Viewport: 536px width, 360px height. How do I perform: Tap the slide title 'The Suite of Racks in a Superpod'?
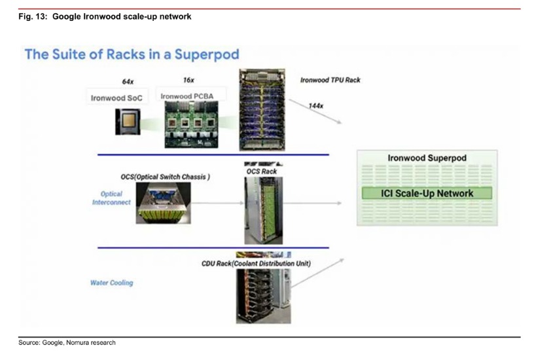132,54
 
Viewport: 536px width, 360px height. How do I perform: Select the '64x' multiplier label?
128,82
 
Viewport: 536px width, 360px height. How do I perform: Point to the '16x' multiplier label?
188,80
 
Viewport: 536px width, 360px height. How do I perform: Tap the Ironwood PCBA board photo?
190,124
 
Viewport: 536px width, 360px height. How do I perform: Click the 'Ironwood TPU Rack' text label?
330,81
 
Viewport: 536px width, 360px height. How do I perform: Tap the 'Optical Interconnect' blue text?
111,198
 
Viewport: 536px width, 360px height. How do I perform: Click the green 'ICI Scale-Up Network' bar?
427,193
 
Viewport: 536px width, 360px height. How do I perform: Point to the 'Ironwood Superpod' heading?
426,158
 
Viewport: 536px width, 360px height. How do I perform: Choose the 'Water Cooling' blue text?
111,283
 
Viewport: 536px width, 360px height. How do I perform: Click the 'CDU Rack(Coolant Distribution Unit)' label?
256,263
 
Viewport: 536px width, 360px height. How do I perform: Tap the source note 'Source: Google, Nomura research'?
67,342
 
